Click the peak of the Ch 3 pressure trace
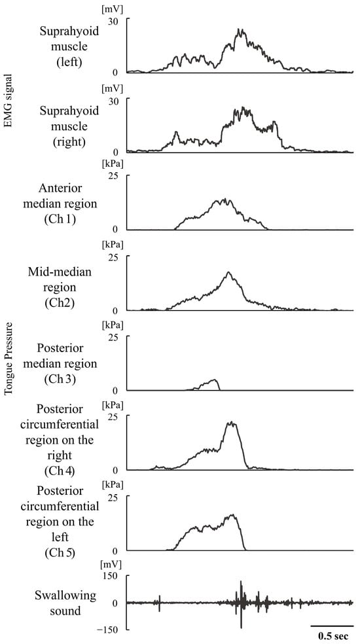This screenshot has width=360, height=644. tap(214, 380)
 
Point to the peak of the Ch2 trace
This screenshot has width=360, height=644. tap(228, 272)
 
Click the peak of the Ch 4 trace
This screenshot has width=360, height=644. tap(231, 422)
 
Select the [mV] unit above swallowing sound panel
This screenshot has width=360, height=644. tap(109, 564)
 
